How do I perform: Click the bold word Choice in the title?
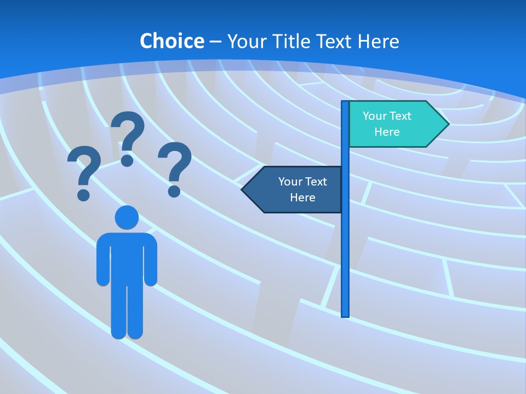tap(171, 41)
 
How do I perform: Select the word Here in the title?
tap(378, 41)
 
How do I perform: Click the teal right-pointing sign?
tap(395, 124)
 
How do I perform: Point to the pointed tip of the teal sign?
tap(448, 124)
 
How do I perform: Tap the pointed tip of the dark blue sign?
tap(243, 189)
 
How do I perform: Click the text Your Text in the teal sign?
tap(387, 116)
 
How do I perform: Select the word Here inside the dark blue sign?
tap(302, 198)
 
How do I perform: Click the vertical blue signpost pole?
tap(345, 246)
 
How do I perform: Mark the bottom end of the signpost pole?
tap(345, 315)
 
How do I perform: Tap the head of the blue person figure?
tap(127, 217)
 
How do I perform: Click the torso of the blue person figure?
tap(127, 257)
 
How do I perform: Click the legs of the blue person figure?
tap(127, 312)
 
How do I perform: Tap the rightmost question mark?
tap(175, 167)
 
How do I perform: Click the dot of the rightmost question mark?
tap(174, 191)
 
